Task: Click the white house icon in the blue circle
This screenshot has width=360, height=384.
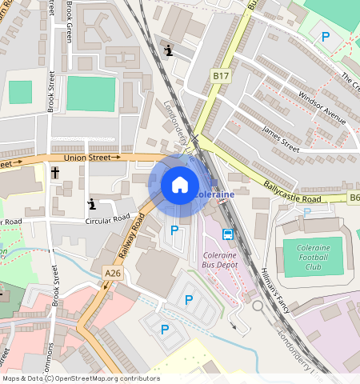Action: pyautogui.click(x=180, y=185)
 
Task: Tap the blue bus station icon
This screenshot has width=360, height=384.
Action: pyautogui.click(x=228, y=234)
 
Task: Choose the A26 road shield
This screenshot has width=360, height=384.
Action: pyautogui.click(x=113, y=274)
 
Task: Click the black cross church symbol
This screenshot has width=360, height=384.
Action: pyautogui.click(x=55, y=172)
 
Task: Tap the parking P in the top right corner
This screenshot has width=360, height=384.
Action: pyautogui.click(x=325, y=37)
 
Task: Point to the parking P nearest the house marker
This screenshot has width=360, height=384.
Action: pyautogui.click(x=174, y=230)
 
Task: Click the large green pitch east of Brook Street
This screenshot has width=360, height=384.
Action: pyautogui.click(x=90, y=94)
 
